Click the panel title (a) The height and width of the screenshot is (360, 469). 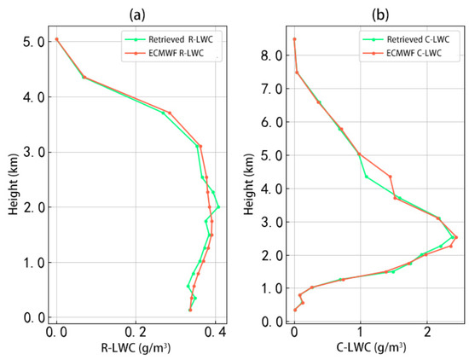click(x=137, y=15)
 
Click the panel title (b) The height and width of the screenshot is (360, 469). click(x=380, y=15)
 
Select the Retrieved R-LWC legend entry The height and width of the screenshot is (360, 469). click(x=170, y=39)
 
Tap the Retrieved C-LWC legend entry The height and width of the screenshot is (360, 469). click(x=406, y=39)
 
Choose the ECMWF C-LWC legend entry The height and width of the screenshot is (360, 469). click(x=402, y=53)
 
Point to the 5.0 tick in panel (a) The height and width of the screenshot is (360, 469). click(x=33, y=42)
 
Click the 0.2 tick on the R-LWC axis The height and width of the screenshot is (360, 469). click(x=136, y=332)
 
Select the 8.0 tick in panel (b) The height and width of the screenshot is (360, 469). click(x=271, y=55)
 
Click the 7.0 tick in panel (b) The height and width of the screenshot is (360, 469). click(x=271, y=89)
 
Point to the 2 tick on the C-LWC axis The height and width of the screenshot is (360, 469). click(x=427, y=332)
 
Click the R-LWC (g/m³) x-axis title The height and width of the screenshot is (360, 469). click(x=136, y=348)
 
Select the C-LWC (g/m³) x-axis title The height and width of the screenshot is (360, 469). click(x=372, y=348)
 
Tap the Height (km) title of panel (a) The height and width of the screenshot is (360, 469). click(x=13, y=184)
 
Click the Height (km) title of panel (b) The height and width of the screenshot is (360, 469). click(x=248, y=184)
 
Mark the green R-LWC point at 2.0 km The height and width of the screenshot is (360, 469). click(x=218, y=206)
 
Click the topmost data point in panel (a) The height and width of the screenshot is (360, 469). click(x=56, y=39)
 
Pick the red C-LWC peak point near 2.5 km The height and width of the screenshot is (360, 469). click(x=456, y=237)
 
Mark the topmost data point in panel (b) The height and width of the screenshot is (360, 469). click(x=294, y=39)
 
